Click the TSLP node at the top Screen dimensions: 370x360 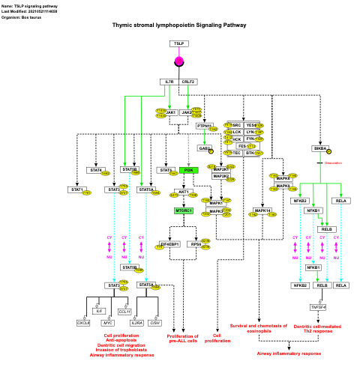pos(178,43)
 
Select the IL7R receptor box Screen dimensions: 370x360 pos(169,82)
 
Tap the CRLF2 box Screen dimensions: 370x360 pos(188,82)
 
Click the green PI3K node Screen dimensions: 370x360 pos(189,170)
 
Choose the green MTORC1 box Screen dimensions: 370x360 pos(184,211)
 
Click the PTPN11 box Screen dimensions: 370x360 pos(205,126)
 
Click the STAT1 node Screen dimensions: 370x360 pos(76,190)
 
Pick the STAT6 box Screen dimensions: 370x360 pos(166,170)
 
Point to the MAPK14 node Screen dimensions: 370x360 pos(262,211)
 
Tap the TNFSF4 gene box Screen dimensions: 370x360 pos(319,307)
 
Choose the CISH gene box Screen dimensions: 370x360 pos(154,323)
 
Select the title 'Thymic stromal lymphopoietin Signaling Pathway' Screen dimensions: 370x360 pos(179,25)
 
